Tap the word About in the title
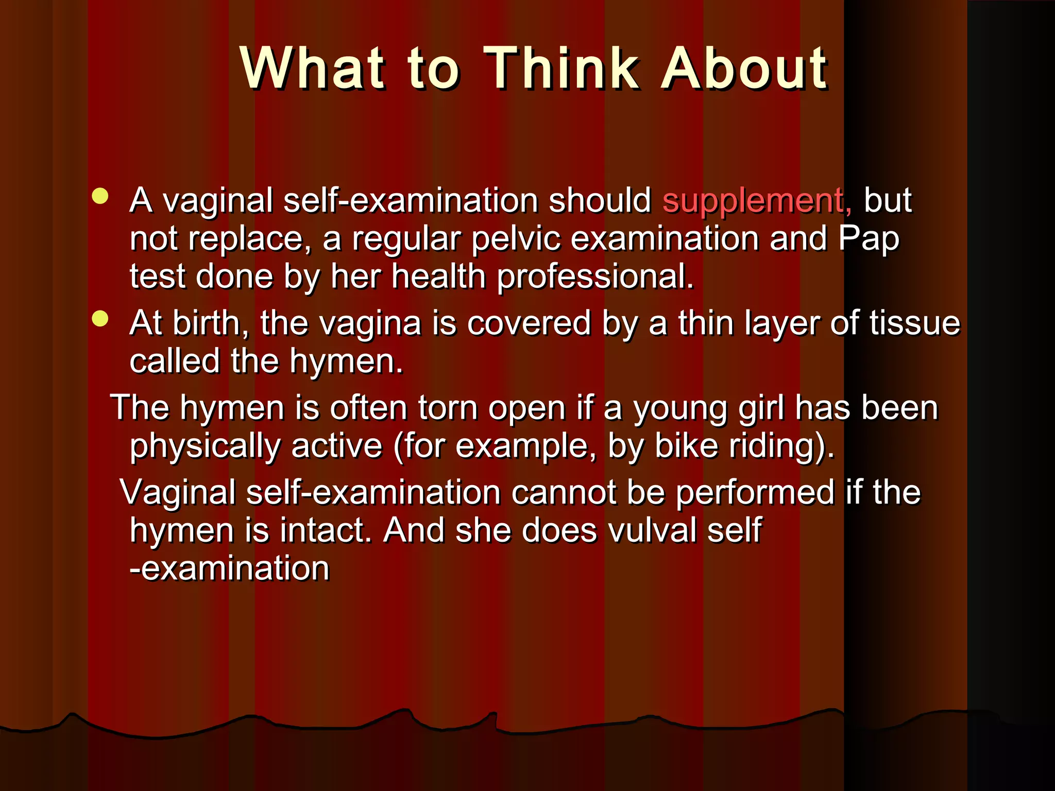coord(744,68)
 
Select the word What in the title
coord(312,68)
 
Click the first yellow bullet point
coord(100,196)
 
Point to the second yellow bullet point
coord(100,319)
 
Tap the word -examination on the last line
coord(229,569)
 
